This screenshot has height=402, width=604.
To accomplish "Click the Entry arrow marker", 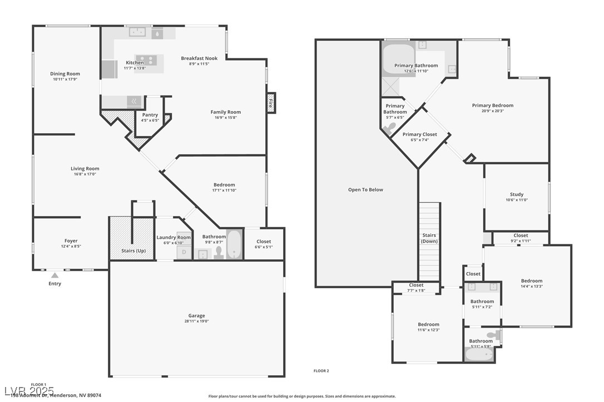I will tap(55, 274).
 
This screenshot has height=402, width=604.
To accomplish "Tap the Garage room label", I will tap(196, 315).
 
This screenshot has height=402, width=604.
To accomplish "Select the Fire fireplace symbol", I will tap(271, 102).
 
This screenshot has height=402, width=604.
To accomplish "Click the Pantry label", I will tap(150, 115).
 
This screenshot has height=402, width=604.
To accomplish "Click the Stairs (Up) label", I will tap(133, 250).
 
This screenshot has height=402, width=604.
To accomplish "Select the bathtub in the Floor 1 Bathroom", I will tap(235, 245).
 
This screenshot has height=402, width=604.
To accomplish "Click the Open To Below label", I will tap(365, 190).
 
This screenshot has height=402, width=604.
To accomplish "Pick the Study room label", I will tap(517, 195).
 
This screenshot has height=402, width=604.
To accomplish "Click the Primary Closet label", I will tap(420, 134).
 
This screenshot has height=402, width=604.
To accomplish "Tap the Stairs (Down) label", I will tap(429, 238).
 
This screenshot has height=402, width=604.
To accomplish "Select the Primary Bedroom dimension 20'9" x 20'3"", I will tap(493, 111).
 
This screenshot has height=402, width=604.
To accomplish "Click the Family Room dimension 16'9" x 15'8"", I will tap(225, 118).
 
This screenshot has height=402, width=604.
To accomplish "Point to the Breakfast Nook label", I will tap(199, 58).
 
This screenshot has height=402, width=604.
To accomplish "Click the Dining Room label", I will tap(65, 74).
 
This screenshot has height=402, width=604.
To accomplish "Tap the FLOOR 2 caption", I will tap(321, 371).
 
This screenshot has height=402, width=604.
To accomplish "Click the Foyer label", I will tap(71, 241).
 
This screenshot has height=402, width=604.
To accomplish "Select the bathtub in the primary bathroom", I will tap(398, 60).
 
